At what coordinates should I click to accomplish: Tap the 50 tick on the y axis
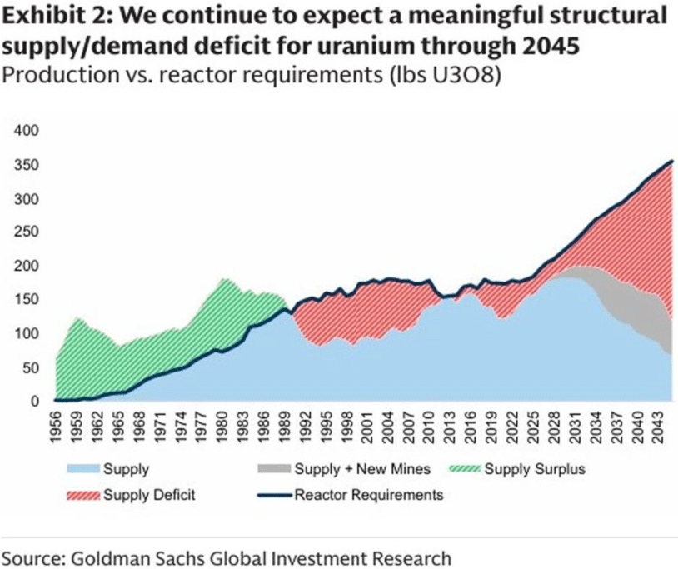(32, 367)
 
